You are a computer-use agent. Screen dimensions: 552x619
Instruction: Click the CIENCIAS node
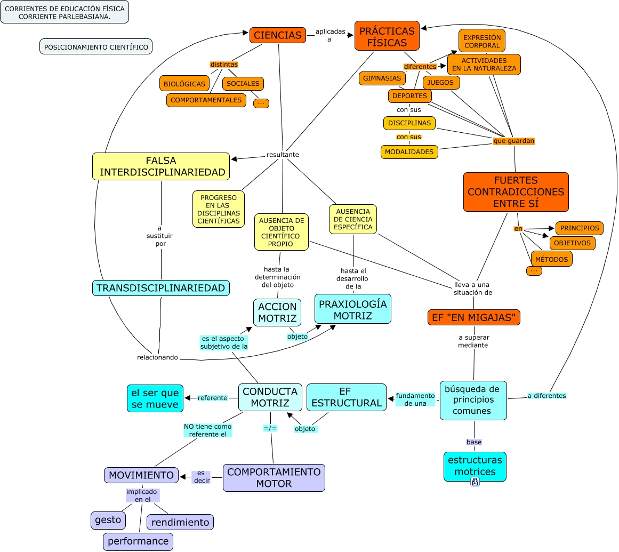point(277,35)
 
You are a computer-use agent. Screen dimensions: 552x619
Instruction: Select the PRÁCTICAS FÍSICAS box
point(387,36)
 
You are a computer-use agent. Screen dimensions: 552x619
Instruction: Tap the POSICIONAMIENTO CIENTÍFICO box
point(96,47)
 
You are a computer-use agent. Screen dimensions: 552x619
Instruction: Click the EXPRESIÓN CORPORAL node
point(481,41)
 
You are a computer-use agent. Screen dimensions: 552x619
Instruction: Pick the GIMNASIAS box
point(382,78)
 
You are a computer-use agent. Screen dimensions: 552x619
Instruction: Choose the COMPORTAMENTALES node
point(206,100)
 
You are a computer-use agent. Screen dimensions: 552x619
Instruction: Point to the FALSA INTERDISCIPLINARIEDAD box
point(161,166)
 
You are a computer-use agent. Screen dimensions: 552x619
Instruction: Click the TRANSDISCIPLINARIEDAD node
point(160,288)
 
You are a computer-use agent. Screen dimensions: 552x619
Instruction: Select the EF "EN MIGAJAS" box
point(473,317)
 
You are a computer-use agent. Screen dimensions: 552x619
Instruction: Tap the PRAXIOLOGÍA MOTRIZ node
point(352,309)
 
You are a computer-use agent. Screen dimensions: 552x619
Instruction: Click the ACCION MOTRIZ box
point(277,313)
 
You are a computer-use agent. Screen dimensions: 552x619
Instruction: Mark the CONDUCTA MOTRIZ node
point(270,397)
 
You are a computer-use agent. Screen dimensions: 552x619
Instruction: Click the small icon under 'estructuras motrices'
point(475,482)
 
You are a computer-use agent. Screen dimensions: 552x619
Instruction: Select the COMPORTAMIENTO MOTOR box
point(274,478)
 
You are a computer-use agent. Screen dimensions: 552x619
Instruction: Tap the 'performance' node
point(138,541)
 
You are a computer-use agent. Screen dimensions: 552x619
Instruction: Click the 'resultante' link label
point(283,155)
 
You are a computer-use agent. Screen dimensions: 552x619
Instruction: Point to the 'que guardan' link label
point(513,141)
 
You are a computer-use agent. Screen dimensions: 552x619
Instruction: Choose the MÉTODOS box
point(551,259)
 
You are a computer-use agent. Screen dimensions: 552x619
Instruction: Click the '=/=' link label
point(270,428)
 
